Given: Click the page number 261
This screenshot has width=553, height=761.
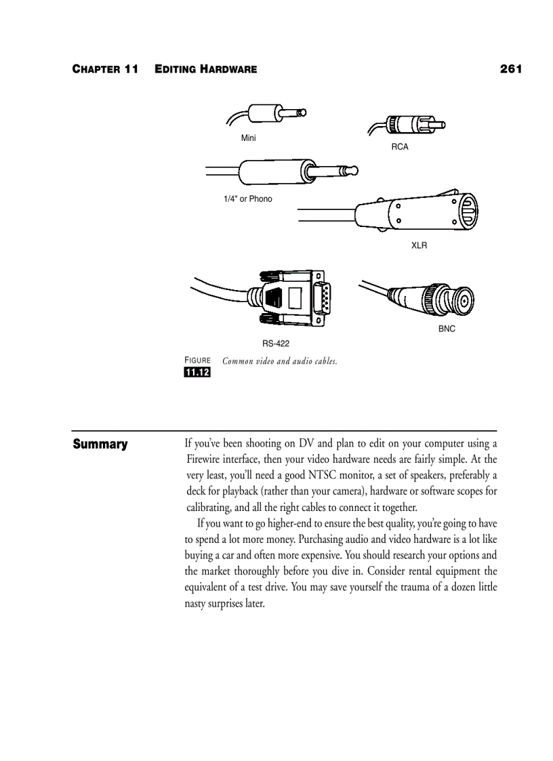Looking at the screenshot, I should (510, 69).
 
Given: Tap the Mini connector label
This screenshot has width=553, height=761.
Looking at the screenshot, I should (249, 138).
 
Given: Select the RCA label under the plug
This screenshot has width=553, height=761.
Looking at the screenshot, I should (400, 146).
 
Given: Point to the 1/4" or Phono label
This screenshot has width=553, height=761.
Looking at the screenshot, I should (248, 199).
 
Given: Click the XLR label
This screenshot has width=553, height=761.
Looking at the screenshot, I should (419, 245).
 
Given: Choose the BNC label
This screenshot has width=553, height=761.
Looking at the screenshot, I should (447, 329).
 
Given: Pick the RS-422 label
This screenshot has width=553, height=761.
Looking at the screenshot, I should (276, 344).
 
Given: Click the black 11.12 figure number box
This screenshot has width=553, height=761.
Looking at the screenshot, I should (197, 373).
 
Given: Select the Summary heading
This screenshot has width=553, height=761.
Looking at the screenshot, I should (100, 445).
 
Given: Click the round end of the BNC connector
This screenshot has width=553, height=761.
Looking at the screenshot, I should (464, 298).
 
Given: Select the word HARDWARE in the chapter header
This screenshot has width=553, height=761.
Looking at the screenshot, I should (228, 70).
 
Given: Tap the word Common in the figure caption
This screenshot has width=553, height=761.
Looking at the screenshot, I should (237, 361).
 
